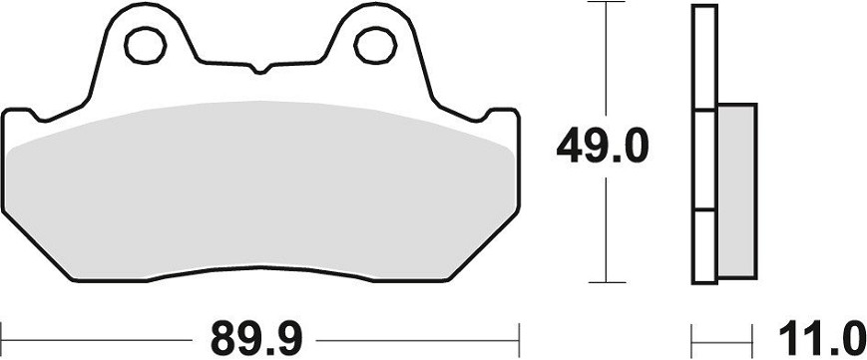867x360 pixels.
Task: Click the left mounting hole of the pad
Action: (146, 45)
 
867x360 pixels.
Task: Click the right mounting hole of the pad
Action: (375, 45)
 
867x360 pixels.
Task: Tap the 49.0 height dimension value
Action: (602, 146)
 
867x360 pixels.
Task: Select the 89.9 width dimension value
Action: (256, 339)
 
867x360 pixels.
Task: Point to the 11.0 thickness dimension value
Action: (822, 339)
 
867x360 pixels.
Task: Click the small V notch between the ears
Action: (260, 69)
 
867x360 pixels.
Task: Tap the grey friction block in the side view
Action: (737, 190)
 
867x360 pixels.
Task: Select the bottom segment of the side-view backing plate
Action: (704, 247)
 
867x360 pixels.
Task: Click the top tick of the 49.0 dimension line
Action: (607, 2)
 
